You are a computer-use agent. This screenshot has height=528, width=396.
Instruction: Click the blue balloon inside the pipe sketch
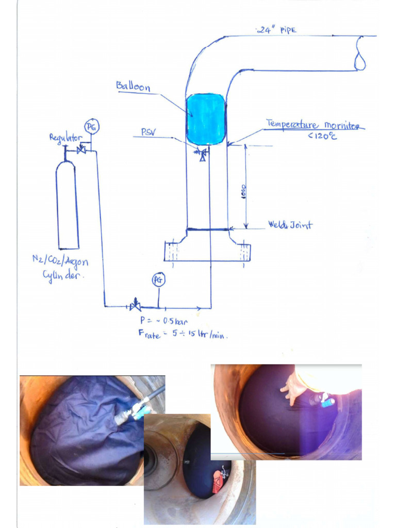tap(205, 119)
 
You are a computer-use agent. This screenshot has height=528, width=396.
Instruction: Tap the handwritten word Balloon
tap(133, 86)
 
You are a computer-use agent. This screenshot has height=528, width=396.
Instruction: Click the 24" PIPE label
tap(276, 30)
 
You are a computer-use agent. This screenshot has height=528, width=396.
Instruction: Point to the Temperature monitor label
tap(315, 125)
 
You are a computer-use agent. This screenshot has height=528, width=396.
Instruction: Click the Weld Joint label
tap(290, 225)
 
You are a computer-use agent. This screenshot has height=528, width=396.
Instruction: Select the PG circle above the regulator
tap(91, 126)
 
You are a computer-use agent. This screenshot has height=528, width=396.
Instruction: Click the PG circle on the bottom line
tap(158, 280)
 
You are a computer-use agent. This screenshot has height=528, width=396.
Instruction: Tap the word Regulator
tap(65, 137)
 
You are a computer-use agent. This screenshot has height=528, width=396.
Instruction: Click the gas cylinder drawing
tap(67, 206)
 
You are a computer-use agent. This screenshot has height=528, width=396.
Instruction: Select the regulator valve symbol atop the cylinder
tap(81, 150)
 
